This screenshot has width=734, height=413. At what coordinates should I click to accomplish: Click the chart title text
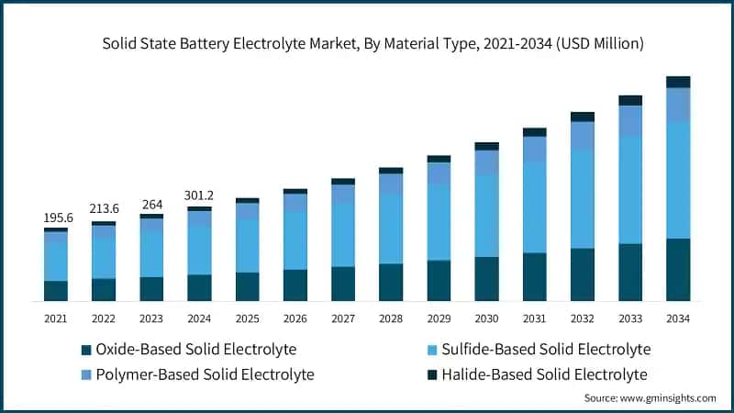pos(367,43)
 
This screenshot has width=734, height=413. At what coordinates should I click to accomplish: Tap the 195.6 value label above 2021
pos(56,218)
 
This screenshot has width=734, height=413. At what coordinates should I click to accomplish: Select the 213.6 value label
pos(104,209)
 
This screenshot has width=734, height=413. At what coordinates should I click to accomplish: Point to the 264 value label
pos(151,204)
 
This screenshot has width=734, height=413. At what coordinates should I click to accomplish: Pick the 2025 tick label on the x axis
pos(247,318)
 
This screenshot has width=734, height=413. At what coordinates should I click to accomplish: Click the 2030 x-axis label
pos(486,318)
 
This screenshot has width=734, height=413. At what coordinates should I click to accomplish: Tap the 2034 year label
pos(678,318)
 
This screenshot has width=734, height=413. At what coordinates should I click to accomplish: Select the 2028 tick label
pos(391,318)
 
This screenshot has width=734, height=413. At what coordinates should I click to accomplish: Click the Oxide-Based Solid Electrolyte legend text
pos(196,350)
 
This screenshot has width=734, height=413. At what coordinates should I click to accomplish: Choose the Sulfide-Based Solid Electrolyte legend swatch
pos(430,350)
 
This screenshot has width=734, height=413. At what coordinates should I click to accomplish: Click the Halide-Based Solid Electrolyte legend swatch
pos(430,374)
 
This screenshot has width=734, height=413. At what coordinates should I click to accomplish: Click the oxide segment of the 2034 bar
pos(678,270)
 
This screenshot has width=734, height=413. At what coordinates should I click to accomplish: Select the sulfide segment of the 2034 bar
pos(678,180)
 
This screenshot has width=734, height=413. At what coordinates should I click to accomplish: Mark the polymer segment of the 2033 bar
pos(630,121)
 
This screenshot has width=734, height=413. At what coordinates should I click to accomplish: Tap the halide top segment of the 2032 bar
pos(583,117)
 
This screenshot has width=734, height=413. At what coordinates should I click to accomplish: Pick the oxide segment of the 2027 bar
pos(343,284)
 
